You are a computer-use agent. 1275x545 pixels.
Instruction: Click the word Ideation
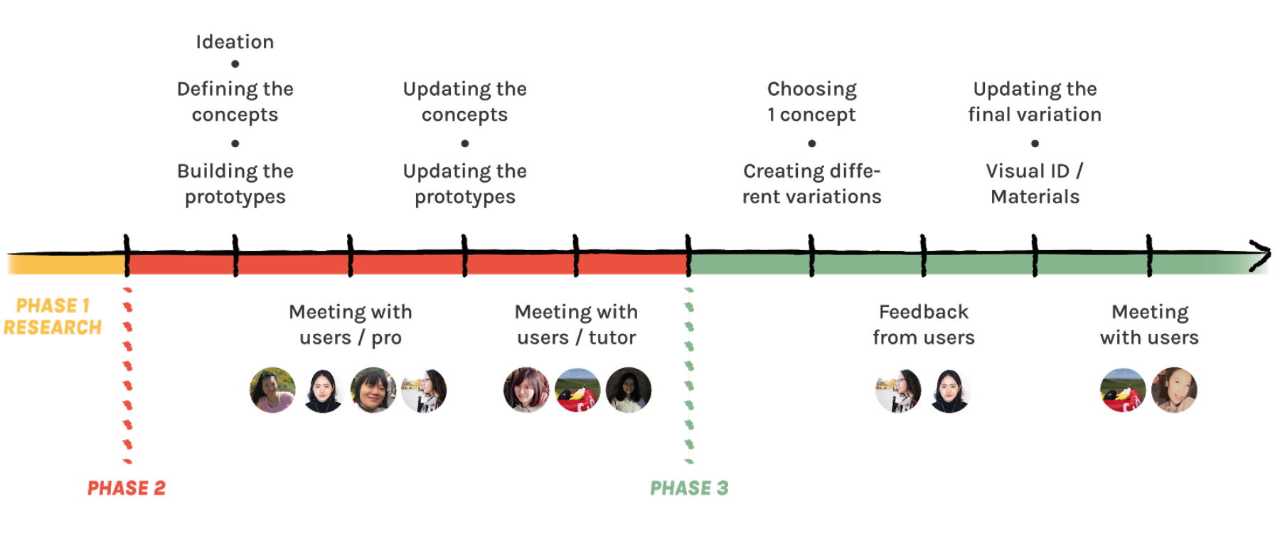tap(235, 42)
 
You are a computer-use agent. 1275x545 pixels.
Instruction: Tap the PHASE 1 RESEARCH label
tap(53, 316)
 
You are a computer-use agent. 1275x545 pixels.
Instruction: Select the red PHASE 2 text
tap(127, 488)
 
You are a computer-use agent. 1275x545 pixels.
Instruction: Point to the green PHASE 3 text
tap(689, 488)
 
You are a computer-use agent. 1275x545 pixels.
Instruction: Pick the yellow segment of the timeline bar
tap(67, 264)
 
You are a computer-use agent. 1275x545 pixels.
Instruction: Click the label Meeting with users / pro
tap(351, 324)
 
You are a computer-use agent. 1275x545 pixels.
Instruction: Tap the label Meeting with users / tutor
tap(576, 324)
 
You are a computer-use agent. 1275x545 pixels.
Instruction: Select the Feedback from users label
tap(924, 324)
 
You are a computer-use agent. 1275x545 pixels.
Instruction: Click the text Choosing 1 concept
tap(812, 102)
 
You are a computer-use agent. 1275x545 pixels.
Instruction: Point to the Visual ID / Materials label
tap(1035, 183)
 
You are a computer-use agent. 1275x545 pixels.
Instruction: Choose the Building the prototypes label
tap(235, 183)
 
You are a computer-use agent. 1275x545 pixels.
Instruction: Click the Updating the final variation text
tap(1035, 102)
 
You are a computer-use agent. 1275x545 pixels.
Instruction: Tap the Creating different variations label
tap(812, 183)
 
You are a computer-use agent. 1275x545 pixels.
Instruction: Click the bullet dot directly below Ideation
tap(235, 64)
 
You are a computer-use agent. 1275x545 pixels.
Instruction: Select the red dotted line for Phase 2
tap(128, 375)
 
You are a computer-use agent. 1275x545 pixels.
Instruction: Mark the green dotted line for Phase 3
tap(689, 375)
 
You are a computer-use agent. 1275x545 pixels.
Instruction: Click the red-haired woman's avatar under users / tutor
tap(526, 390)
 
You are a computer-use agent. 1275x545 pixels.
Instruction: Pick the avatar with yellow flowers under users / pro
tap(272, 390)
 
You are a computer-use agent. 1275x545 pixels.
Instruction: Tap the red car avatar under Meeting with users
tap(1123, 390)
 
